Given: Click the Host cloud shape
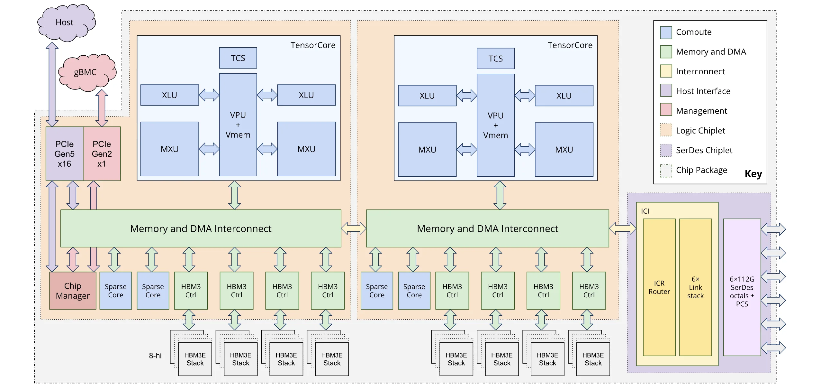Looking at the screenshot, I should [x=66, y=23].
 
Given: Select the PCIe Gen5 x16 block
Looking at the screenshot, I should [x=64, y=153].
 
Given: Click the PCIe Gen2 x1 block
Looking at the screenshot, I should [x=102, y=153].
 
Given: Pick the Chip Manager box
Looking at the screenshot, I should [x=73, y=291].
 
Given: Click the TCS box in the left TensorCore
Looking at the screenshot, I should [x=238, y=58].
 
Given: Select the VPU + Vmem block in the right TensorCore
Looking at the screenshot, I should [x=495, y=125].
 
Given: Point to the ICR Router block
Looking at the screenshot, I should [x=659, y=287].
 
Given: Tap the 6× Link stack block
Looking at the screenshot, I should [x=695, y=287].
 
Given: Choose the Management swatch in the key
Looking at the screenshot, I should [x=666, y=109].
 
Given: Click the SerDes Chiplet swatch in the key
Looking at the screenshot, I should [x=666, y=150].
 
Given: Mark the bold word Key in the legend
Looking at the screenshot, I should [x=753, y=174].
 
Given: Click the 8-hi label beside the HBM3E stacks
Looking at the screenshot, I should [x=155, y=356].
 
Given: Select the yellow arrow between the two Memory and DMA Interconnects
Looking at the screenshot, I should [x=353, y=228].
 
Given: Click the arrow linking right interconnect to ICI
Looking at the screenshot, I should [x=622, y=228].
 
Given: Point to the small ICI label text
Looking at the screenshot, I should [x=645, y=211].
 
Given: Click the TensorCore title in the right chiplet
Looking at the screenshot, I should [x=570, y=45].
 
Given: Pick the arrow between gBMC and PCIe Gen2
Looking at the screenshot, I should [x=102, y=108].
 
